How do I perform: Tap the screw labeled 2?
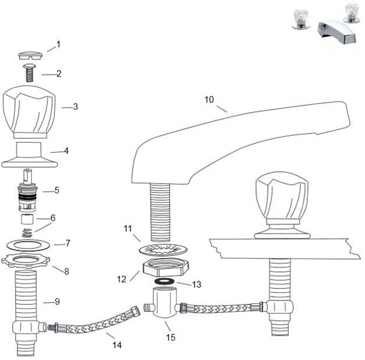click(x=29, y=73)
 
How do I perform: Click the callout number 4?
click(x=66, y=150)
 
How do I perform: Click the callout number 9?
click(x=57, y=301)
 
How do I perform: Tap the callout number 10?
click(x=209, y=100)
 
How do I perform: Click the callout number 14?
click(x=117, y=345)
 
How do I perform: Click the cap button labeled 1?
click(x=29, y=55)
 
